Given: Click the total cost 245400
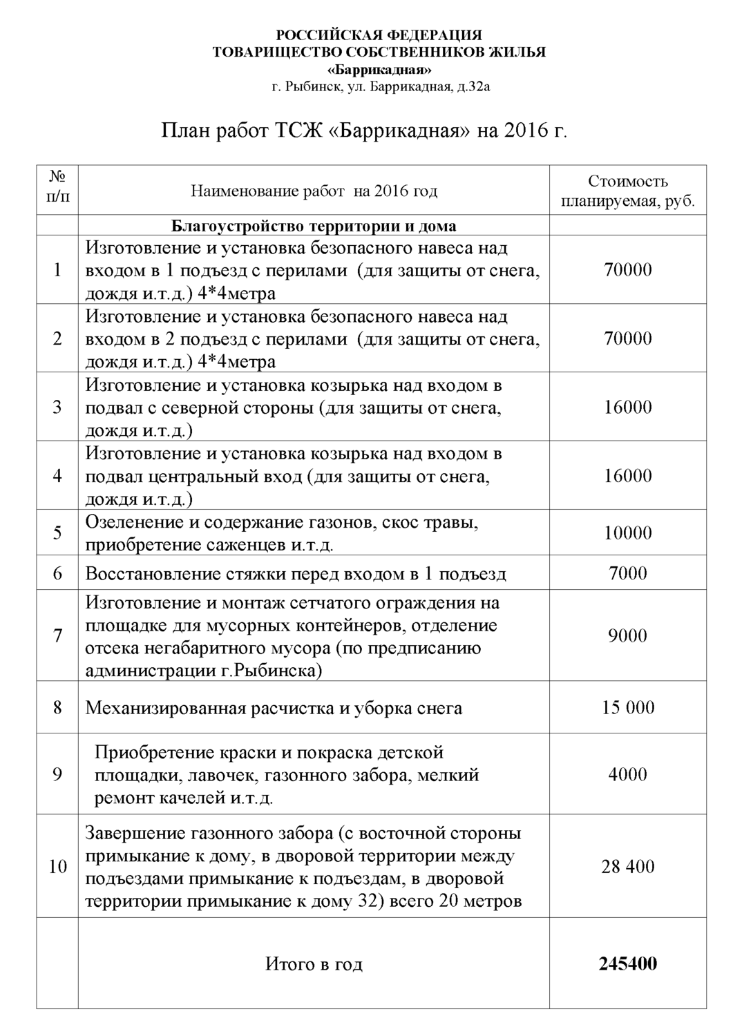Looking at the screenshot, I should [627, 963].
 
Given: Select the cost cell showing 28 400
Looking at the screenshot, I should [627, 867].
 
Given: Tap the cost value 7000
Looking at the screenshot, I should [627, 573].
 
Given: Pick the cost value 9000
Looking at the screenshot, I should [627, 635].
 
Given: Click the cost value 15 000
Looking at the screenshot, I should [627, 707].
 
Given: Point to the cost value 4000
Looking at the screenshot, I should [627, 774].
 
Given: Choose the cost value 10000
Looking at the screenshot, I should [627, 533].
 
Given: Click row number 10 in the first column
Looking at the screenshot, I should [57, 867].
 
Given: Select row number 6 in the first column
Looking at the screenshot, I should [57, 573].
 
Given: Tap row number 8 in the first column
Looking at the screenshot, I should [57, 707].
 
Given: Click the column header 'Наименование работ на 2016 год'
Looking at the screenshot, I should [314, 191].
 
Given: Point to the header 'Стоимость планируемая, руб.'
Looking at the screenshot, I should [627, 191].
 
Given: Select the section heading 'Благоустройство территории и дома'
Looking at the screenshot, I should [313, 227].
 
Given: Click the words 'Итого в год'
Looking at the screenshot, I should [314, 964].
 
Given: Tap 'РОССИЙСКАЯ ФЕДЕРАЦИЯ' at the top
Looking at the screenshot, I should [379, 35].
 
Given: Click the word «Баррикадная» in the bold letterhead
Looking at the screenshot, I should [379, 70].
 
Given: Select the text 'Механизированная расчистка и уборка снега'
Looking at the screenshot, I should [274, 708].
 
